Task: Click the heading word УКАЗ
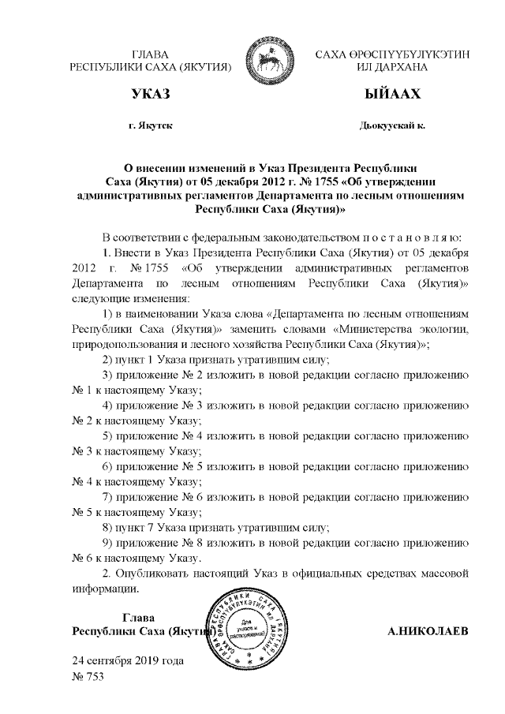(x=151, y=95)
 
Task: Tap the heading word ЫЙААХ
(x=391, y=95)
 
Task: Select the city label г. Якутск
(x=151, y=126)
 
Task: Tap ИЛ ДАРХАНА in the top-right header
(x=392, y=68)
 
